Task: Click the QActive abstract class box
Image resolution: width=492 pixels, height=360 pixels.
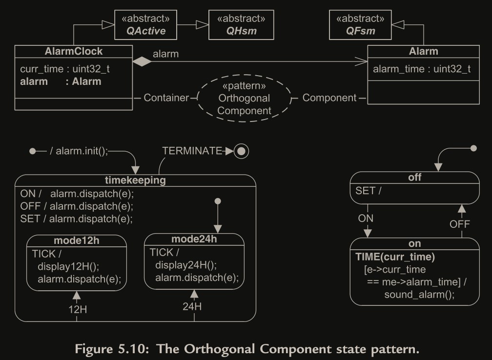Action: (145, 25)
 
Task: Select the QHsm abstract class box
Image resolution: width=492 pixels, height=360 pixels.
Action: (241, 25)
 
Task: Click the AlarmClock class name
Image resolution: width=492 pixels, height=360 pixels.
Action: (73, 51)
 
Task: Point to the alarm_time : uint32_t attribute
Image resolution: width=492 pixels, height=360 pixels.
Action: (422, 69)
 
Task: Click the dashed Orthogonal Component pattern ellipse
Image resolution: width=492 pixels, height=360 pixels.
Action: (244, 98)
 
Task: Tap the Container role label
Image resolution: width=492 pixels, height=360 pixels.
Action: (166, 98)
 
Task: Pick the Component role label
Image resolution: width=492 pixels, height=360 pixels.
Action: (329, 98)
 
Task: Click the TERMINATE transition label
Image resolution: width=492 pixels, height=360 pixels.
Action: (192, 151)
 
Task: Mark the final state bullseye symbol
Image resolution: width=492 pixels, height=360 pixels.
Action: (242, 151)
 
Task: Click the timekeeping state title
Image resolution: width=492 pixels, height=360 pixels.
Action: (135, 180)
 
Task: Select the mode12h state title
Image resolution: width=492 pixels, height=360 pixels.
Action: (76, 240)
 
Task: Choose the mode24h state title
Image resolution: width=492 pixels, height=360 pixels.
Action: (194, 239)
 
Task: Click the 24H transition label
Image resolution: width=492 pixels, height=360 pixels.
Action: (192, 306)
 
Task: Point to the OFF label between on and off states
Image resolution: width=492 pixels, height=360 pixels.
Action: (459, 224)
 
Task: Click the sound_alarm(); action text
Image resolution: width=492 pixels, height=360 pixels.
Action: (419, 294)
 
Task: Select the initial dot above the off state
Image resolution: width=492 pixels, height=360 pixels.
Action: (472, 148)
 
